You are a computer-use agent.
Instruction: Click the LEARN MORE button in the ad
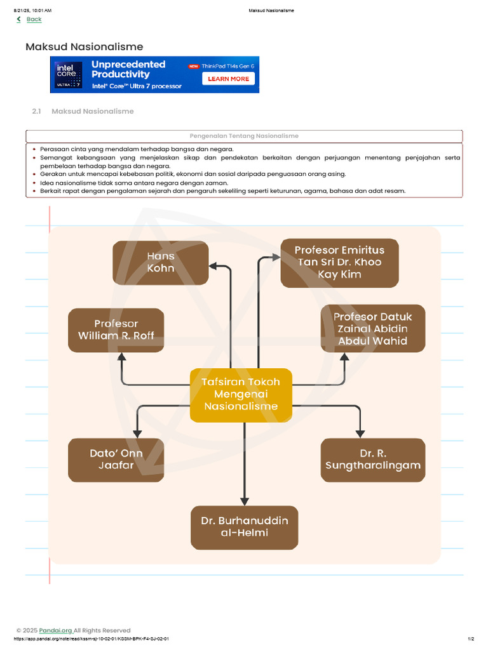(x=228, y=79)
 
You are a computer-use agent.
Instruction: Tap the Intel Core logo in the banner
(x=68, y=75)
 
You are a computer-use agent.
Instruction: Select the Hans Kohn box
(x=161, y=262)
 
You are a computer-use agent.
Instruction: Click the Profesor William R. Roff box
(x=116, y=330)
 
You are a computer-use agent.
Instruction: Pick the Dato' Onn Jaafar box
(x=116, y=460)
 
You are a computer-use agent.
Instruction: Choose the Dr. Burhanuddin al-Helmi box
(x=245, y=527)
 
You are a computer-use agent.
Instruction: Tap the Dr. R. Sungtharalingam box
(x=372, y=460)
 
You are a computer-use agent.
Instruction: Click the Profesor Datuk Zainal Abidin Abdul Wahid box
(x=372, y=328)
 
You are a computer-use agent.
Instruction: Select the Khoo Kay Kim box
(x=339, y=262)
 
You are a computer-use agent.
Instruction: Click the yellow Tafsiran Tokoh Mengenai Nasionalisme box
(x=241, y=395)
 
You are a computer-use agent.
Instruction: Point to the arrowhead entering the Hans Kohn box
(x=213, y=266)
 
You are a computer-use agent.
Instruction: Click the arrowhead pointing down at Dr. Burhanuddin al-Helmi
(x=245, y=501)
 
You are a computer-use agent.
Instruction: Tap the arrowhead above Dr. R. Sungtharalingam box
(x=360, y=434)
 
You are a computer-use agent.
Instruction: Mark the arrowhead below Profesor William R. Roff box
(x=121, y=357)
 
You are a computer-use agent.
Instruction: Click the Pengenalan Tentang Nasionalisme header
(x=244, y=136)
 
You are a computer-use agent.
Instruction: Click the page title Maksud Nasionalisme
(x=85, y=46)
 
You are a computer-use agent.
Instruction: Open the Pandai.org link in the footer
(x=56, y=630)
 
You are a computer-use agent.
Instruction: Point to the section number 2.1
(x=36, y=111)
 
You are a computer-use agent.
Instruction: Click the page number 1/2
(x=471, y=639)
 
